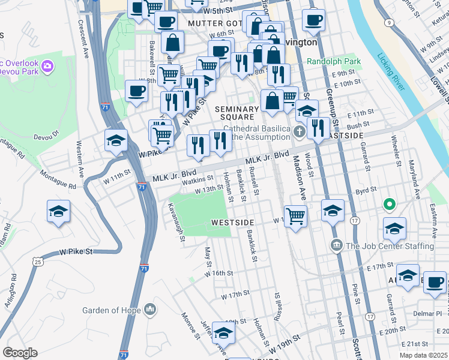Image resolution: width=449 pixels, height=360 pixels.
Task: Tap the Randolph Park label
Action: click(x=334, y=61)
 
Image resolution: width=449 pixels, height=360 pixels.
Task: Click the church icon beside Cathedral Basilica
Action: click(x=300, y=133)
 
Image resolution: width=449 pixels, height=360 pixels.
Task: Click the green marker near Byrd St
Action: click(x=389, y=205)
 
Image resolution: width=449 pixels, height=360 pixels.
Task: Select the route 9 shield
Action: click(x=389, y=23)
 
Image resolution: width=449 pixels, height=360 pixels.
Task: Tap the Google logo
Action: click(x=20, y=352)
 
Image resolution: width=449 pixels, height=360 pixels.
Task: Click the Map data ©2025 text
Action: click(x=423, y=355)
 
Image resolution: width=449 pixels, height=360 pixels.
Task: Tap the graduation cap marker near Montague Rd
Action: click(x=59, y=211)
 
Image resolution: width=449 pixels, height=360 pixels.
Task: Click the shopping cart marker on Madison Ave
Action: click(x=295, y=215)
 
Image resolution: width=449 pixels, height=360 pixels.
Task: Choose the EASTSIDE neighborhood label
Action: click(x=345, y=136)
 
